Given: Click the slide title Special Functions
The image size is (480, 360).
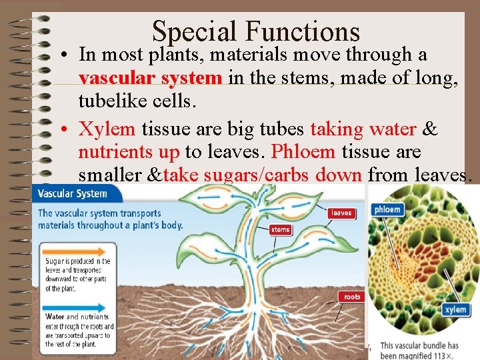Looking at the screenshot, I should coord(255,31).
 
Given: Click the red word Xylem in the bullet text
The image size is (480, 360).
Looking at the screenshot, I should coord(107,129).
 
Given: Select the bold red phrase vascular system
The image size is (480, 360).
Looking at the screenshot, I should coord(150,78).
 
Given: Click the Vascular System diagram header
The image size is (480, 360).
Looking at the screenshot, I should coord(73,194).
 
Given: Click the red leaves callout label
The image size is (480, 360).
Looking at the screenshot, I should coord(342,213).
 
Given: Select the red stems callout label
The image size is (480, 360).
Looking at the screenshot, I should coord(281,230).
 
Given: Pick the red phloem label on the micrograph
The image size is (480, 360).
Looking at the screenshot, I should coord(387,209).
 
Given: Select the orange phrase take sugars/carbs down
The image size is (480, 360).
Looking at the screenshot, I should coord(263,175).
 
